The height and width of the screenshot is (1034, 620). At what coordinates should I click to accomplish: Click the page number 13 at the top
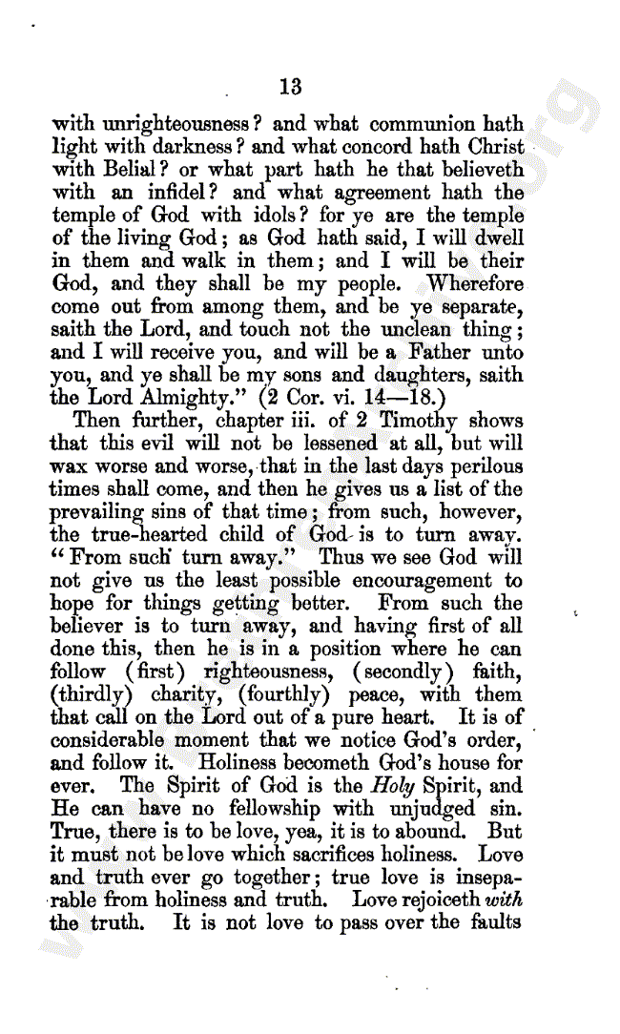pyautogui.click(x=291, y=88)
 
